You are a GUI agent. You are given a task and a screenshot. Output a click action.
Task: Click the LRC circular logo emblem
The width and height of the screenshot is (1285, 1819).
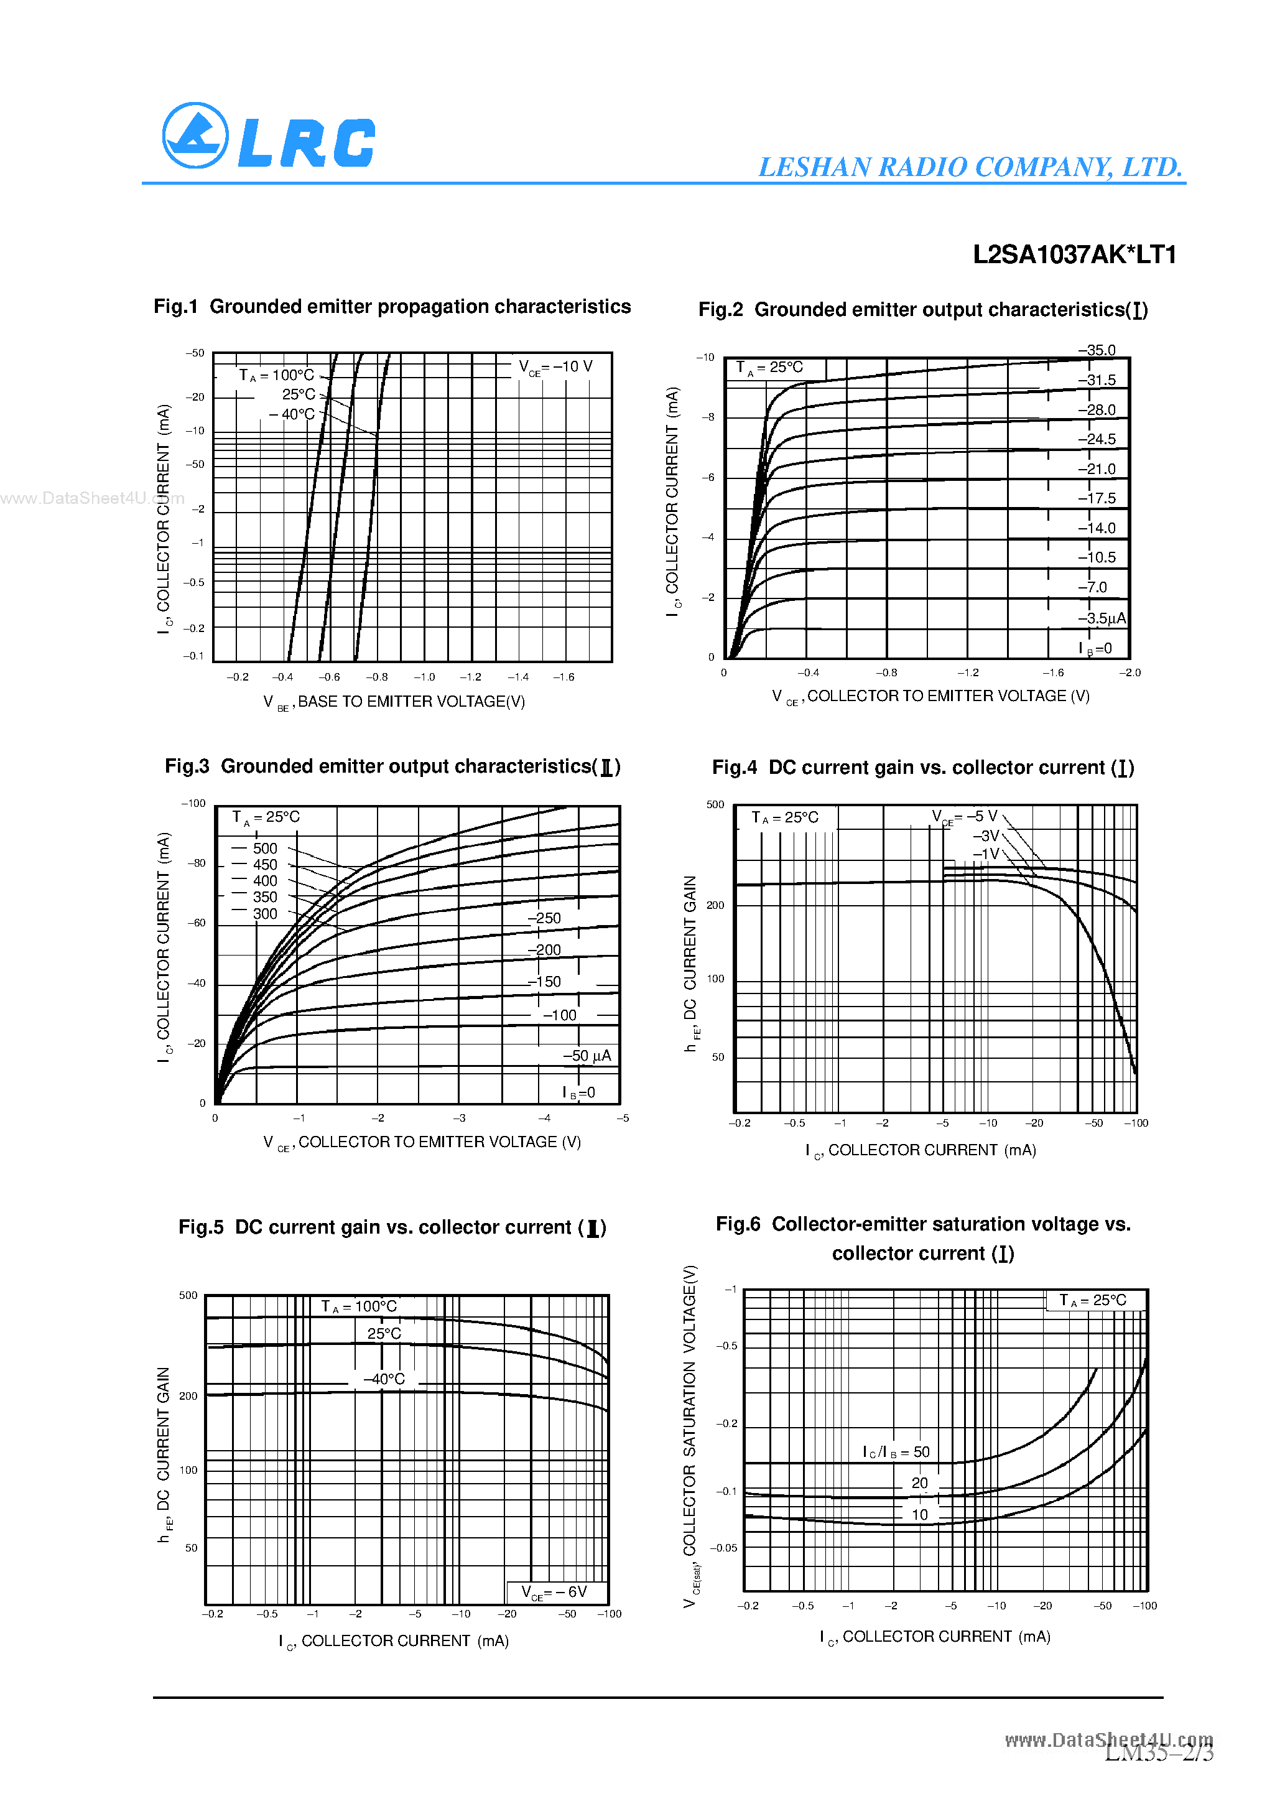195,136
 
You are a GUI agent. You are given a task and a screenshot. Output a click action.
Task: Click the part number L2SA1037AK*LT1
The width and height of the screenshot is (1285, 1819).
1074,254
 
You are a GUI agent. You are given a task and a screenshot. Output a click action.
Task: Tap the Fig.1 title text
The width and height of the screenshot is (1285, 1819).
392,307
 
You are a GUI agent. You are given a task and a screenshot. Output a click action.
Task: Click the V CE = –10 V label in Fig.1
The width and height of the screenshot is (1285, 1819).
555,368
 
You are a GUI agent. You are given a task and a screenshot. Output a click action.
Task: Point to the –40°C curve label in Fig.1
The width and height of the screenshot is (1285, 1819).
292,414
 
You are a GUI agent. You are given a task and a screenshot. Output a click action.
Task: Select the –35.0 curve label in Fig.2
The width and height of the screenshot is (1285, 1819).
1097,350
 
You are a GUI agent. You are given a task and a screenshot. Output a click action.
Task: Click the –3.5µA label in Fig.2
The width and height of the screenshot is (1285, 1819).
1101,618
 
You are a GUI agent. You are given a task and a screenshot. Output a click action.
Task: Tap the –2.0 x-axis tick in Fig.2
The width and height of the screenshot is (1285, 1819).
1130,672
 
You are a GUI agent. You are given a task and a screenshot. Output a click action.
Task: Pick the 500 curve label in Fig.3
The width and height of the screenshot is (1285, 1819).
264,849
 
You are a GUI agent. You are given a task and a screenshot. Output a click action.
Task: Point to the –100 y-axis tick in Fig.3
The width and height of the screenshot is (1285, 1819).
193,803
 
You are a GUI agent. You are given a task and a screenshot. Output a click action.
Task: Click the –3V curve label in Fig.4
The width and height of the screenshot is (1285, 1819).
986,836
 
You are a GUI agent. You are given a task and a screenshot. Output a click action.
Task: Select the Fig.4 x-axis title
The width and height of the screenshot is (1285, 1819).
921,1150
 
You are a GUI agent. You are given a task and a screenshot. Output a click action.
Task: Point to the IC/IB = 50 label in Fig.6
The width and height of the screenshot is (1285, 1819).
896,1452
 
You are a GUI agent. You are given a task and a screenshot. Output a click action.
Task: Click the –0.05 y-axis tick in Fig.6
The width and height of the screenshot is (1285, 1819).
723,1548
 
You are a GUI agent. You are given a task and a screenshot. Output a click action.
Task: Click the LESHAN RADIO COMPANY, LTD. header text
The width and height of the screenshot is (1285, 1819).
970,167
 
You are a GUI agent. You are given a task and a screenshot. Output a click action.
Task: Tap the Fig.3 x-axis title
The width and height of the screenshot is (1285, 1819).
422,1142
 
